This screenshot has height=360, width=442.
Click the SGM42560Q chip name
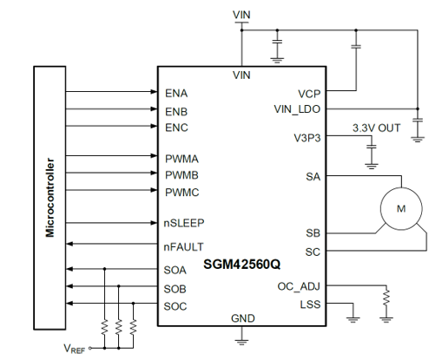(241, 264)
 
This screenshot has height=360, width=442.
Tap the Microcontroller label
(49, 198)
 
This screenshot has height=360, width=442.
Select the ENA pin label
(176, 94)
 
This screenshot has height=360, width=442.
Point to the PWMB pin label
(181, 175)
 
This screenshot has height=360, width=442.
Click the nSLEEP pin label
(184, 223)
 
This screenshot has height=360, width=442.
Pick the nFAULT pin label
(183, 247)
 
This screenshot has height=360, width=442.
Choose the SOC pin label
(175, 306)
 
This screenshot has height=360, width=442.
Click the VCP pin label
(309, 94)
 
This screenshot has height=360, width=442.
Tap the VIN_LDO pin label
(297, 109)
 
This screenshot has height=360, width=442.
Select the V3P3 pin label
(307, 138)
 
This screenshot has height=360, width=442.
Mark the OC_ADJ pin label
(299, 286)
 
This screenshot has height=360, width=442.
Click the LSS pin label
(310, 304)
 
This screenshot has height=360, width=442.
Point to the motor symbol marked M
(401, 208)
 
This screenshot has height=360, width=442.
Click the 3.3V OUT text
(376, 128)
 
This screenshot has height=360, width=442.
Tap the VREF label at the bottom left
(74, 349)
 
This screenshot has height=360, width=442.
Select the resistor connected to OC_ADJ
(386, 298)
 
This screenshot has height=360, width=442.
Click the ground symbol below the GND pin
(242, 342)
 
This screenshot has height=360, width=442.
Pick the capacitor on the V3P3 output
(372, 147)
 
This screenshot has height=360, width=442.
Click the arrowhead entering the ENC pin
(154, 126)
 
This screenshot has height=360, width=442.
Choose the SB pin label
(313, 233)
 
